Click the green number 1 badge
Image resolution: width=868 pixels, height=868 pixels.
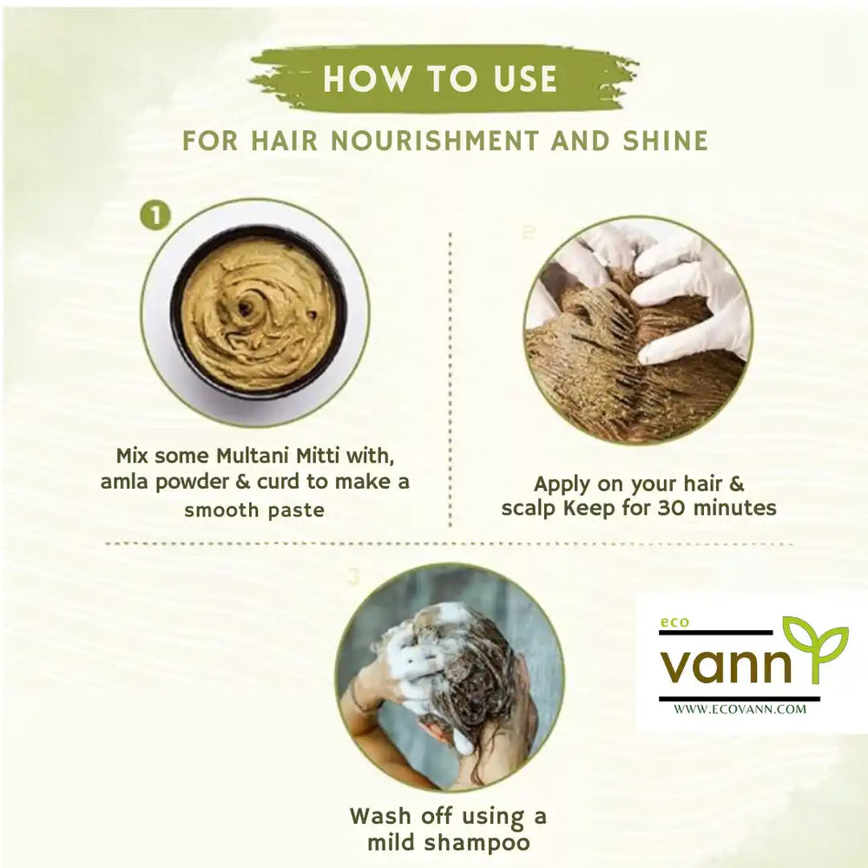[155, 216]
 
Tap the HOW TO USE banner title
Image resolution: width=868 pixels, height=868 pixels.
[439, 79]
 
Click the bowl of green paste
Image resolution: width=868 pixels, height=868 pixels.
[258, 312]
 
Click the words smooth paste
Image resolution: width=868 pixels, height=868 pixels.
[253, 510]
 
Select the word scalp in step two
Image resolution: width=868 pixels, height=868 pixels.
[529, 507]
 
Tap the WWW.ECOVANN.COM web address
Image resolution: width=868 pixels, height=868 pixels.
[740, 709]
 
